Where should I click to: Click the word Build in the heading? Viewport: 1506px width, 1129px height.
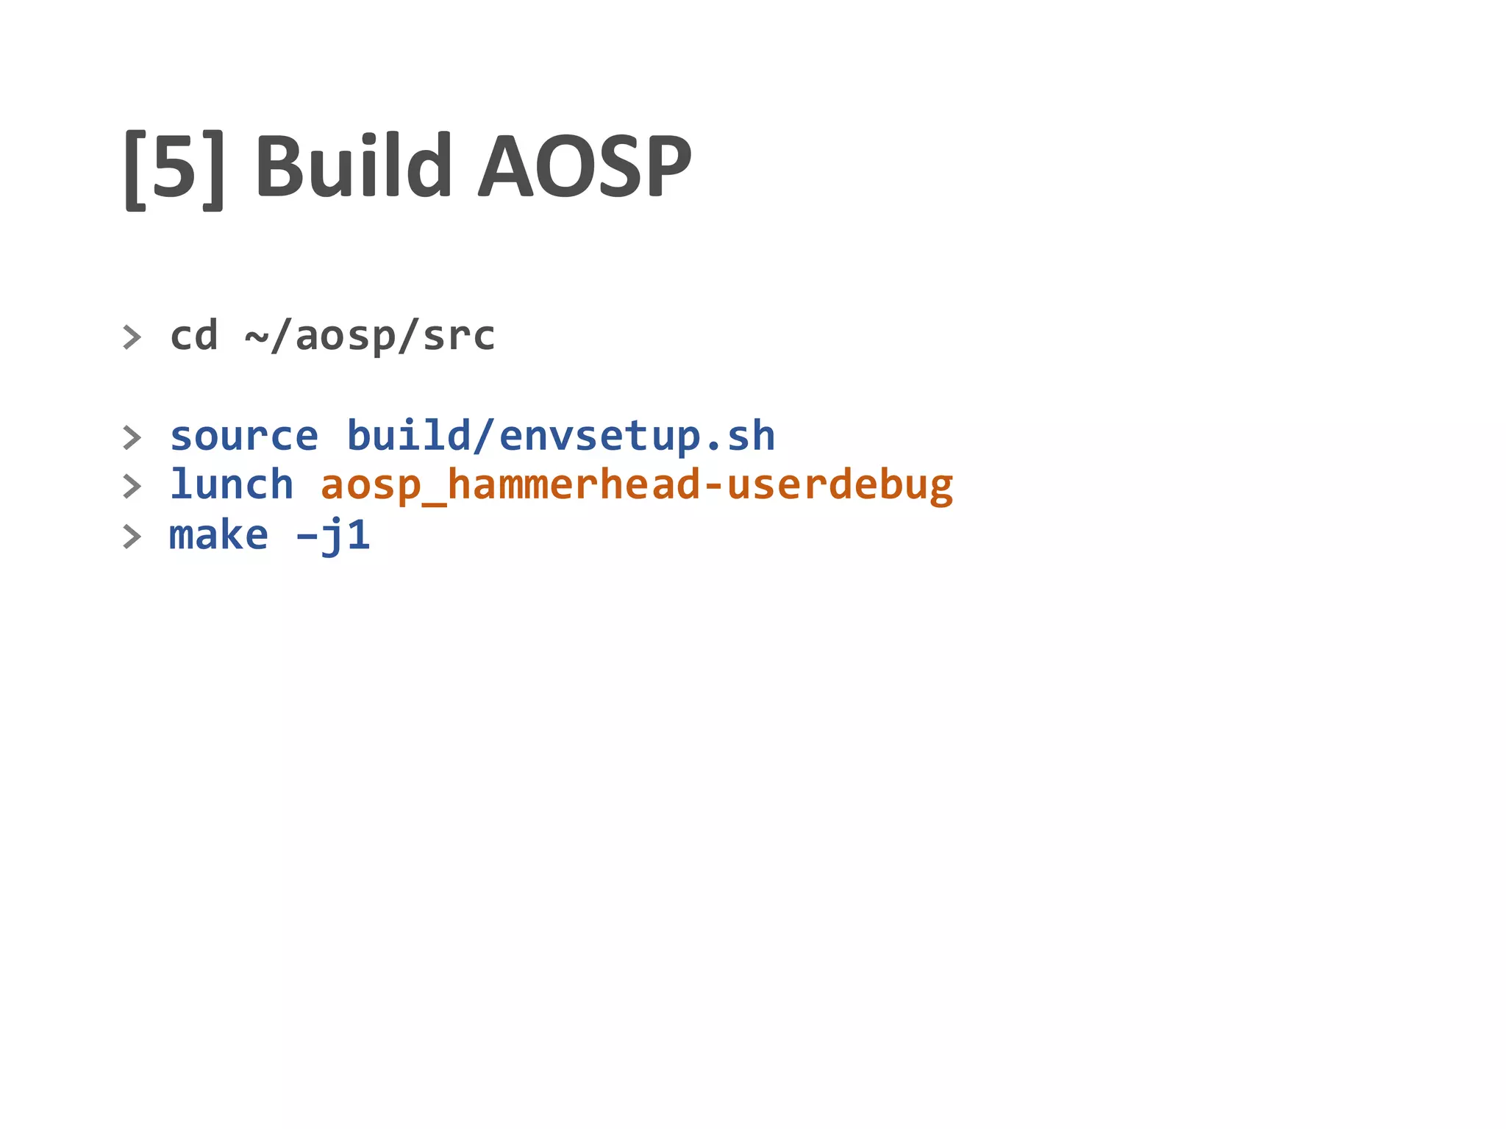click(x=353, y=166)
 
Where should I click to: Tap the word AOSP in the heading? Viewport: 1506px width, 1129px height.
click(x=585, y=166)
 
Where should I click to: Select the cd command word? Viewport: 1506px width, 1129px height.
click(x=194, y=336)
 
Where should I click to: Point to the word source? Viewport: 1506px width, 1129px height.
click(x=244, y=437)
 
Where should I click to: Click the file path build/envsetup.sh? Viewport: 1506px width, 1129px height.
click(x=560, y=437)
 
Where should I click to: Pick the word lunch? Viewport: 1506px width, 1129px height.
click(x=232, y=485)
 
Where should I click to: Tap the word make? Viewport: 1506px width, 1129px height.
click(x=218, y=535)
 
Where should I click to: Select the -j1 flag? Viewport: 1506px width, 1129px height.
click(x=332, y=535)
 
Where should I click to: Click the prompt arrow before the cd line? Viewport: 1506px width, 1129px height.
click(x=132, y=337)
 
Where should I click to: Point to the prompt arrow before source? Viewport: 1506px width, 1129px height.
click(x=132, y=437)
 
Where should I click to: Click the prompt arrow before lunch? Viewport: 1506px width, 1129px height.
click(x=132, y=487)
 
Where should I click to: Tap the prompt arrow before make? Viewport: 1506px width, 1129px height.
click(x=132, y=537)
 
